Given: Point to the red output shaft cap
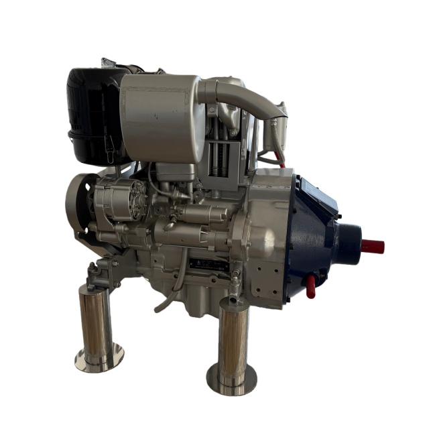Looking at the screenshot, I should click(x=373, y=246).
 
